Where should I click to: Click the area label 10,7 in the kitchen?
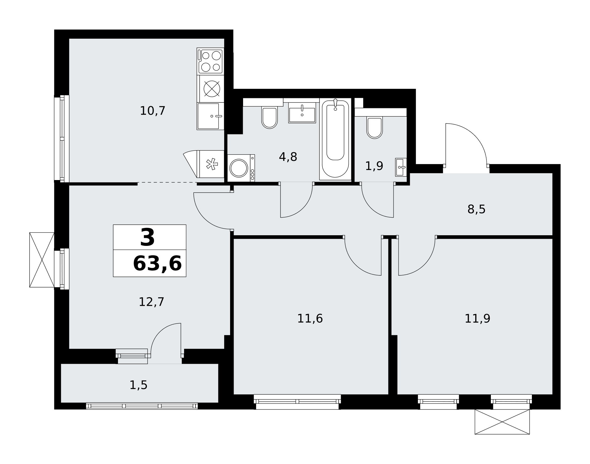[153, 111]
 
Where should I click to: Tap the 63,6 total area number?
[157, 264]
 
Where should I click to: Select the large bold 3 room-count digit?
[147, 238]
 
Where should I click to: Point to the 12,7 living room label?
[151, 302]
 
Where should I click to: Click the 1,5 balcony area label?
[138, 385]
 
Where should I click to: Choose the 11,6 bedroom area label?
[310, 319]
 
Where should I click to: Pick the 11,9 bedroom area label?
[477, 319]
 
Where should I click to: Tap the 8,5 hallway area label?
[476, 210]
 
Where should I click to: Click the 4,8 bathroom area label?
[288, 157]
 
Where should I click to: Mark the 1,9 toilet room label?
[374, 166]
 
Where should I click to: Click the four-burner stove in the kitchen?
[211, 61]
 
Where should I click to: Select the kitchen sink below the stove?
[211, 116]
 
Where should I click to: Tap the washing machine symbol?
[241, 168]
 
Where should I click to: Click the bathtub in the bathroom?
[335, 139]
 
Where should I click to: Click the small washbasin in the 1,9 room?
[401, 167]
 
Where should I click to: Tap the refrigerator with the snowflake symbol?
[211, 164]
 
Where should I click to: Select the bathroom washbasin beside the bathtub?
[302, 113]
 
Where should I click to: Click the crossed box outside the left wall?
[42, 260]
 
